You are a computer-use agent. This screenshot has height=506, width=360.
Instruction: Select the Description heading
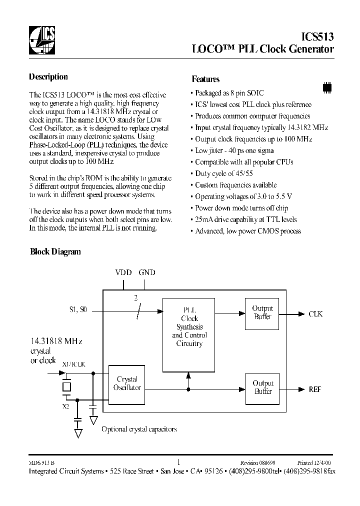48,77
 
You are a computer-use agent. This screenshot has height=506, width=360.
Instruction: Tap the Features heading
205,79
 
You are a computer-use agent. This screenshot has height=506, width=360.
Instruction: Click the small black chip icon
327,86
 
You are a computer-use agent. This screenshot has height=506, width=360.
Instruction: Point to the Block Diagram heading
55,252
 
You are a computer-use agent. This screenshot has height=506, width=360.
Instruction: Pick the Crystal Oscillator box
127,384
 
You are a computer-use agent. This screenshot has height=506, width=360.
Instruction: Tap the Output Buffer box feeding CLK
262,313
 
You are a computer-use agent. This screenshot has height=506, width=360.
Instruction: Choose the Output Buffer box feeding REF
262,387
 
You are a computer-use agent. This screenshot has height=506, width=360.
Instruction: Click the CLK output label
315,314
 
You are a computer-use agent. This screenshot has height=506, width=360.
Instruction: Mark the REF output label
315,389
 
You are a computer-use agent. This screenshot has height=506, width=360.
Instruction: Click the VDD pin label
123,272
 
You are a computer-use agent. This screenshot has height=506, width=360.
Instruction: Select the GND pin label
147,272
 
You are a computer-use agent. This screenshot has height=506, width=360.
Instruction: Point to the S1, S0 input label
78,310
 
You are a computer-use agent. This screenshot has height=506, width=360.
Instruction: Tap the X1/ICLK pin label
73,364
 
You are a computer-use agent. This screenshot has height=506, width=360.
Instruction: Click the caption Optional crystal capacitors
138,429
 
